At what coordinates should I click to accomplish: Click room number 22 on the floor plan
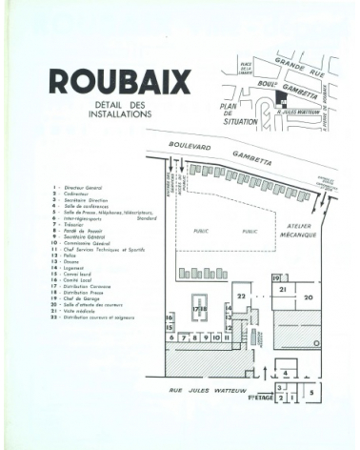[x=242, y=297]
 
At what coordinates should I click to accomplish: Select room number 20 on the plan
[x=308, y=297]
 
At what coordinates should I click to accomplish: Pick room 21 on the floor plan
[x=283, y=288]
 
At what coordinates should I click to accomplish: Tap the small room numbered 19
[x=276, y=277]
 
